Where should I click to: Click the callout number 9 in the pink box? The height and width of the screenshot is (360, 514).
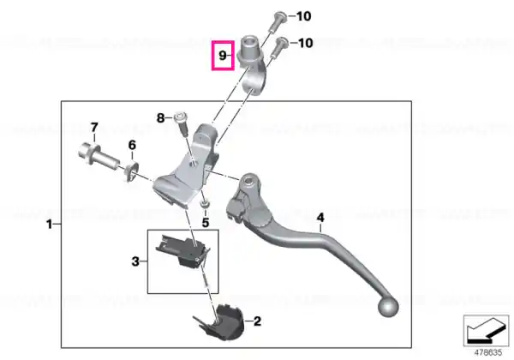tap(222, 56)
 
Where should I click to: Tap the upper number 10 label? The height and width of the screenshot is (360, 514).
tap(303, 16)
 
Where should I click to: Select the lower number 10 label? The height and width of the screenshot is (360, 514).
tap(305, 43)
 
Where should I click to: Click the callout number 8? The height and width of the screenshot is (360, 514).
tap(161, 117)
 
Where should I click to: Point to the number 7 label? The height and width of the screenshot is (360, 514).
tap(94, 127)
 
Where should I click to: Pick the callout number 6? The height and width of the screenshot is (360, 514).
tap(132, 145)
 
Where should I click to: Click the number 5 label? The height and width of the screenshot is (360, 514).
tap(206, 223)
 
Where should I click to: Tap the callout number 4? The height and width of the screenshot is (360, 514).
tap(320, 218)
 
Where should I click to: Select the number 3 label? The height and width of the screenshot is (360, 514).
tap(135, 261)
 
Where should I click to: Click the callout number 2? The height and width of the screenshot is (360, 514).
tap(257, 321)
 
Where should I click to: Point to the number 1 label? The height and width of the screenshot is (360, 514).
tap(49, 225)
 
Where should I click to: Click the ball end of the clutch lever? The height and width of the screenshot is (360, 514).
tap(388, 307)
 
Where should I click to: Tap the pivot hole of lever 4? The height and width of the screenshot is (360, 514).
tap(248, 180)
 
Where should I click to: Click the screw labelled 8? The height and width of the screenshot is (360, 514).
tap(182, 123)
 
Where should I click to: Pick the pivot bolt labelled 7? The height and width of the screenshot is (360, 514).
tap(99, 156)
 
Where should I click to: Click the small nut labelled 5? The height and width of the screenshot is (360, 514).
tap(205, 205)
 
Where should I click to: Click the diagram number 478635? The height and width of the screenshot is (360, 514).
tap(488, 352)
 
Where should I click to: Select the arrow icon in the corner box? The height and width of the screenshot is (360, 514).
tap(486, 331)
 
